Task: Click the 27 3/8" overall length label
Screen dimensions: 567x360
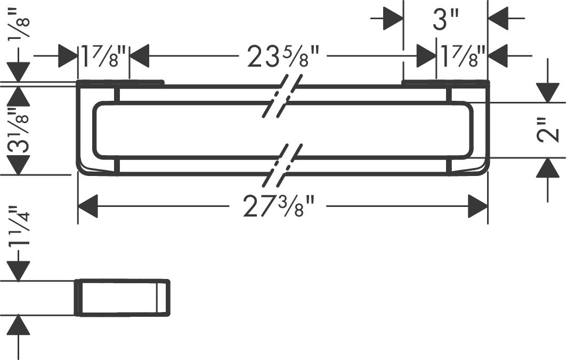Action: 278,205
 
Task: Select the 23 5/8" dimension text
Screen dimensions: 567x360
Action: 283,56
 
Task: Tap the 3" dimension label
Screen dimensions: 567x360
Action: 446,19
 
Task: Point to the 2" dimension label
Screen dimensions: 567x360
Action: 549,130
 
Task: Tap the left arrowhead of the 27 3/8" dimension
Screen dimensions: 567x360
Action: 88,206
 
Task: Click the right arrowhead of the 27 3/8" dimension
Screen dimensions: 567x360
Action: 478,206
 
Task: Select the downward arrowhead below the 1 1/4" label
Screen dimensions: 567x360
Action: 19,271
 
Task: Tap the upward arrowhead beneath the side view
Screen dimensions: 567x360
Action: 19,325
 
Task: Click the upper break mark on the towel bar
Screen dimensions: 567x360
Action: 282,96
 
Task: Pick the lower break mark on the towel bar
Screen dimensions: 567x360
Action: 282,165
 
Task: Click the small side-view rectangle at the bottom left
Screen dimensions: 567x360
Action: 122,298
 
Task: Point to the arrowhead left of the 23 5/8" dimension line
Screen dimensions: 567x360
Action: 140,56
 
